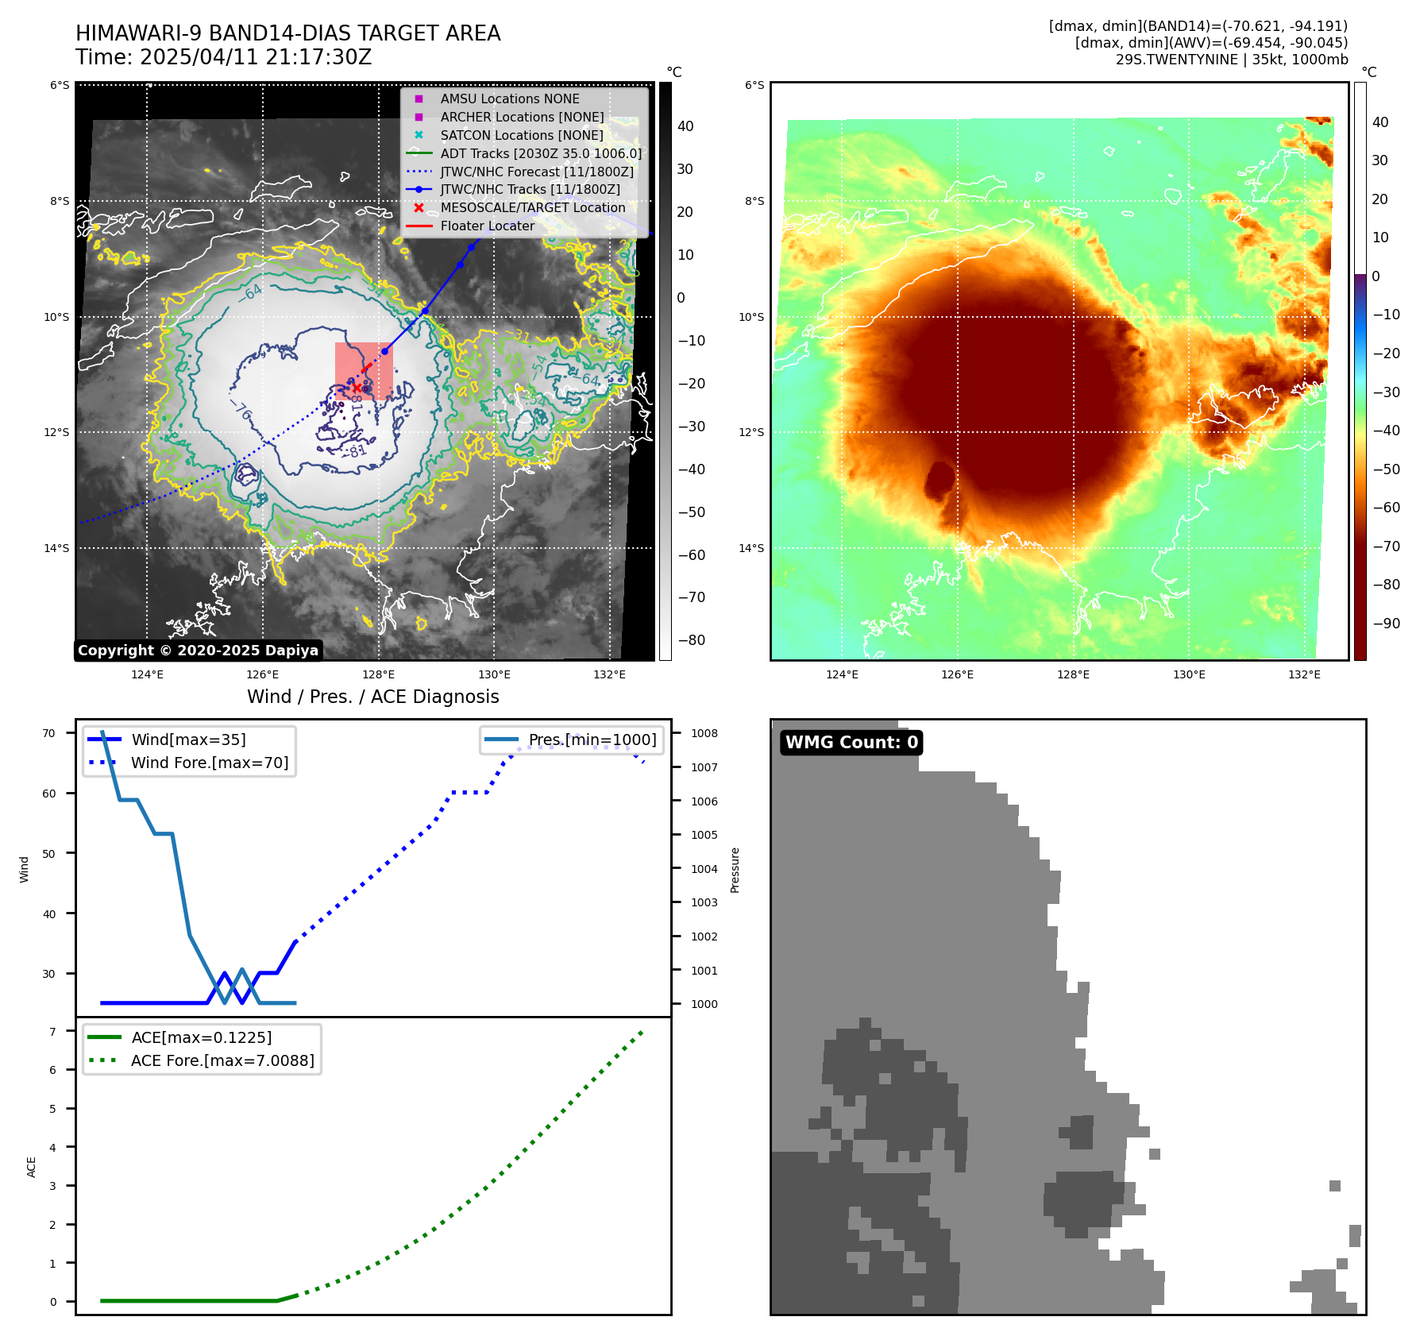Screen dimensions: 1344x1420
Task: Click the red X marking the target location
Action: [357, 388]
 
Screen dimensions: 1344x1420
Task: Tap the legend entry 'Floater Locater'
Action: [487, 226]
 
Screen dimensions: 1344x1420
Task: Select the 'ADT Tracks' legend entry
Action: [540, 154]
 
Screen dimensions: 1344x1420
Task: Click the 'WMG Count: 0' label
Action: [851, 743]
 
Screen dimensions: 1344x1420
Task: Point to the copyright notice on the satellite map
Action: [198, 651]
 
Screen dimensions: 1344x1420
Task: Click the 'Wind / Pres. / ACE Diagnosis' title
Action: [372, 697]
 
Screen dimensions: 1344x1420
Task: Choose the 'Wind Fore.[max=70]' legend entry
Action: [209, 763]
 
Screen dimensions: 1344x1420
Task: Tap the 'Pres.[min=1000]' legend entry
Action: [592, 740]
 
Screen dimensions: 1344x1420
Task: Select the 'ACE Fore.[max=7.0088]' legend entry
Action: [222, 1061]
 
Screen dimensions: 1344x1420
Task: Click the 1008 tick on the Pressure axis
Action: [704, 733]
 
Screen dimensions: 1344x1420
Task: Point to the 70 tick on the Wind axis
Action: [49, 733]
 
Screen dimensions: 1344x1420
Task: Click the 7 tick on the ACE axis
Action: [52, 1032]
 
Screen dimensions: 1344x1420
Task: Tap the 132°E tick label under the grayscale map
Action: [609, 675]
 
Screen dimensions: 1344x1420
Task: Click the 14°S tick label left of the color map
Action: [751, 548]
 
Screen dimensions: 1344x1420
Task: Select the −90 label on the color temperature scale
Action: [1386, 624]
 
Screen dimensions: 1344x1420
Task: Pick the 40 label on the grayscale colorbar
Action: [685, 126]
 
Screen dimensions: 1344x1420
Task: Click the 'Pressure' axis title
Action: [735, 870]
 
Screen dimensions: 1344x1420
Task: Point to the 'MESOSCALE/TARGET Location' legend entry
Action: [532, 208]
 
